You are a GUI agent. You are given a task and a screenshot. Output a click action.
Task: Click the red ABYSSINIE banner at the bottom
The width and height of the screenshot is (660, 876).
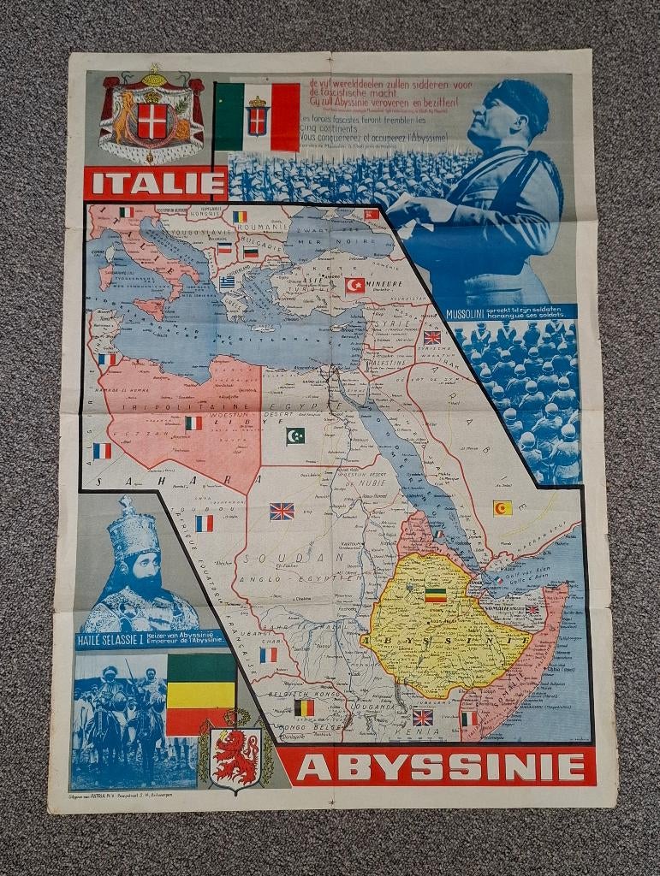coord(437,766)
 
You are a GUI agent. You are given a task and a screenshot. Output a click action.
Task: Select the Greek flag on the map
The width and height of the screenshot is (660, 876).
coord(227,282)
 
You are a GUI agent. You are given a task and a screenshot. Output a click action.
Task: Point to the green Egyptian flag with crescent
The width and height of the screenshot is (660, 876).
coord(295,435)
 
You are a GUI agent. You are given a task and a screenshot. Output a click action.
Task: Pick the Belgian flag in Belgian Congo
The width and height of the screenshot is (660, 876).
coord(304,707)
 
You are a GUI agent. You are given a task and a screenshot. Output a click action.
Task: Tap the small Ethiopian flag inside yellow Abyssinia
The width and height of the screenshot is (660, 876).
coord(436,595)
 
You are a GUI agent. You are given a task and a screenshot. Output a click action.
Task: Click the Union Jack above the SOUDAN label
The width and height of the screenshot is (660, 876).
coord(282,511)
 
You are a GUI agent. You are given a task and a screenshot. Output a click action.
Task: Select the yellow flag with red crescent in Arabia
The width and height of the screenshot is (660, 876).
coord(502,508)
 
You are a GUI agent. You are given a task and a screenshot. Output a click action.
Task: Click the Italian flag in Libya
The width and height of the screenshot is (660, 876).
coord(193,423)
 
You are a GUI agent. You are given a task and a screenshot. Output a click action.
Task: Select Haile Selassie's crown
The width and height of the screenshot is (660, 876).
coord(133,530)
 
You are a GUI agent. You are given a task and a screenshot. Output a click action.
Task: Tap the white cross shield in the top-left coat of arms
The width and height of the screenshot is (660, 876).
coord(152,121)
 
